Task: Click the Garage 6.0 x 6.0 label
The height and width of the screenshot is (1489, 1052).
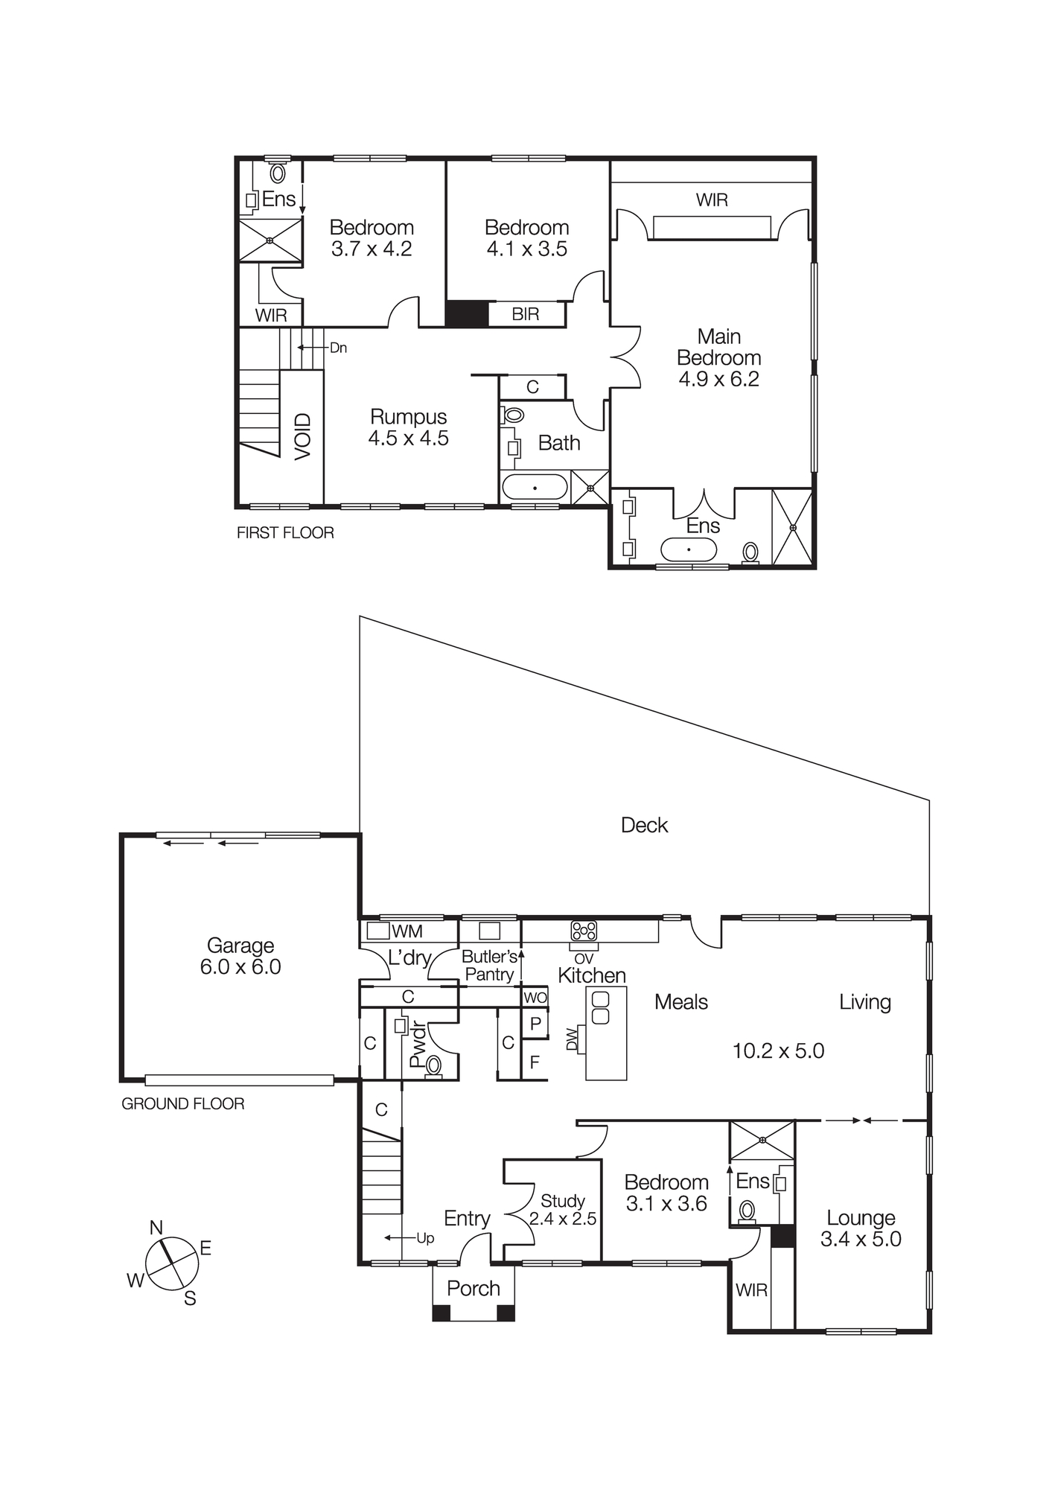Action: coord(240,956)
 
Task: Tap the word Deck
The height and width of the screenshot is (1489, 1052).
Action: coord(644,825)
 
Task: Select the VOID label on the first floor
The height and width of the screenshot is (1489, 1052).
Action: coord(302,436)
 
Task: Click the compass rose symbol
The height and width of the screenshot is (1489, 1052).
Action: coord(172,1263)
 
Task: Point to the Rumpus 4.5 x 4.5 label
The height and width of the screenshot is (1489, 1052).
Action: coord(408,427)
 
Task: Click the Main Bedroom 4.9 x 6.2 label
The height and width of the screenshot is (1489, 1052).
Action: coord(718,357)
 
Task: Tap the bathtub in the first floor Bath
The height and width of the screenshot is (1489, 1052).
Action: coord(535,488)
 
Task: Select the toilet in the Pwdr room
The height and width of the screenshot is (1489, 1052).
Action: coord(433,1066)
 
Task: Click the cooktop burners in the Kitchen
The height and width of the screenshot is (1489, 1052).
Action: coord(584,931)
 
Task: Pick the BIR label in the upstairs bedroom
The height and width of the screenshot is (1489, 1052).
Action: coord(525,314)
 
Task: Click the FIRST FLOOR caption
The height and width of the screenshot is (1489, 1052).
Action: coord(285,533)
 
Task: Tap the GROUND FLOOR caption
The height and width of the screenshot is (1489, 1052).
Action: coord(182,1104)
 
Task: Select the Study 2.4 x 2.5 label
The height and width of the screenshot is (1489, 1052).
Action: coord(562,1210)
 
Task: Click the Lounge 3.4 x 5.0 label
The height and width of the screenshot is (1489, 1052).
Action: coord(861,1228)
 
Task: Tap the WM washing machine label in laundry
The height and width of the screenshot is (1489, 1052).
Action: coord(407,931)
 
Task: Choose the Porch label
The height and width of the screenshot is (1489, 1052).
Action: coord(474,1289)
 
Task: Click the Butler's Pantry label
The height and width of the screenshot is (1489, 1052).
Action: coord(489,966)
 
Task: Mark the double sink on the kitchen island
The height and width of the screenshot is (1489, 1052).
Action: coord(600,1007)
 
